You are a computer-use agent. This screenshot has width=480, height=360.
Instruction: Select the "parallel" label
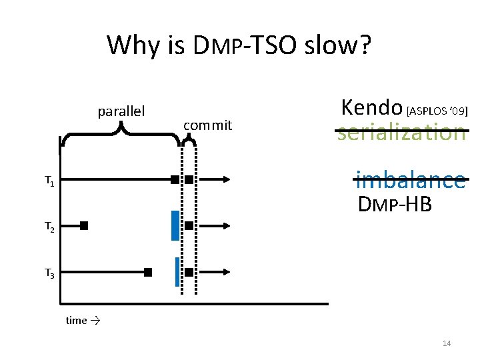point(121,111)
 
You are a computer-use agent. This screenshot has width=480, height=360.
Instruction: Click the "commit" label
point(207,125)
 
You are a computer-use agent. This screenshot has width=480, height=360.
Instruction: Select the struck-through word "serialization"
point(401,132)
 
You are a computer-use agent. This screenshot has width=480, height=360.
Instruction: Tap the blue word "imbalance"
point(410,179)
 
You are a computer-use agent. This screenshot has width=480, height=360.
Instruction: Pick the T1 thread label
point(49,180)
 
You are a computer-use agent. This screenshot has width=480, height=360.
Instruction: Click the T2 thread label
point(49,227)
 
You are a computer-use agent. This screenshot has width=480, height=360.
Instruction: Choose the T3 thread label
point(49,273)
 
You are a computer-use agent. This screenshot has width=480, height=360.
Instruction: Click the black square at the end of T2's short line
point(84,226)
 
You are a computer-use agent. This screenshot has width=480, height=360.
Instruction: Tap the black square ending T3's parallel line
point(148,272)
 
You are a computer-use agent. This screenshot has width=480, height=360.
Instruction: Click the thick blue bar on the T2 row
point(175,225)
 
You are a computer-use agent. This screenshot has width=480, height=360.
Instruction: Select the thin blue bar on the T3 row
point(177,271)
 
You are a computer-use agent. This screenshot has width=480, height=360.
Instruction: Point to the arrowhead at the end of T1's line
point(227,179)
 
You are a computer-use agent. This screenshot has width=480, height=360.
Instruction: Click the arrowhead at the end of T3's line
point(227,272)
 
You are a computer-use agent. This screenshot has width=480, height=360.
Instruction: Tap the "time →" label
point(83,321)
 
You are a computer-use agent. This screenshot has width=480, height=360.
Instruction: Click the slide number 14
point(447,343)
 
